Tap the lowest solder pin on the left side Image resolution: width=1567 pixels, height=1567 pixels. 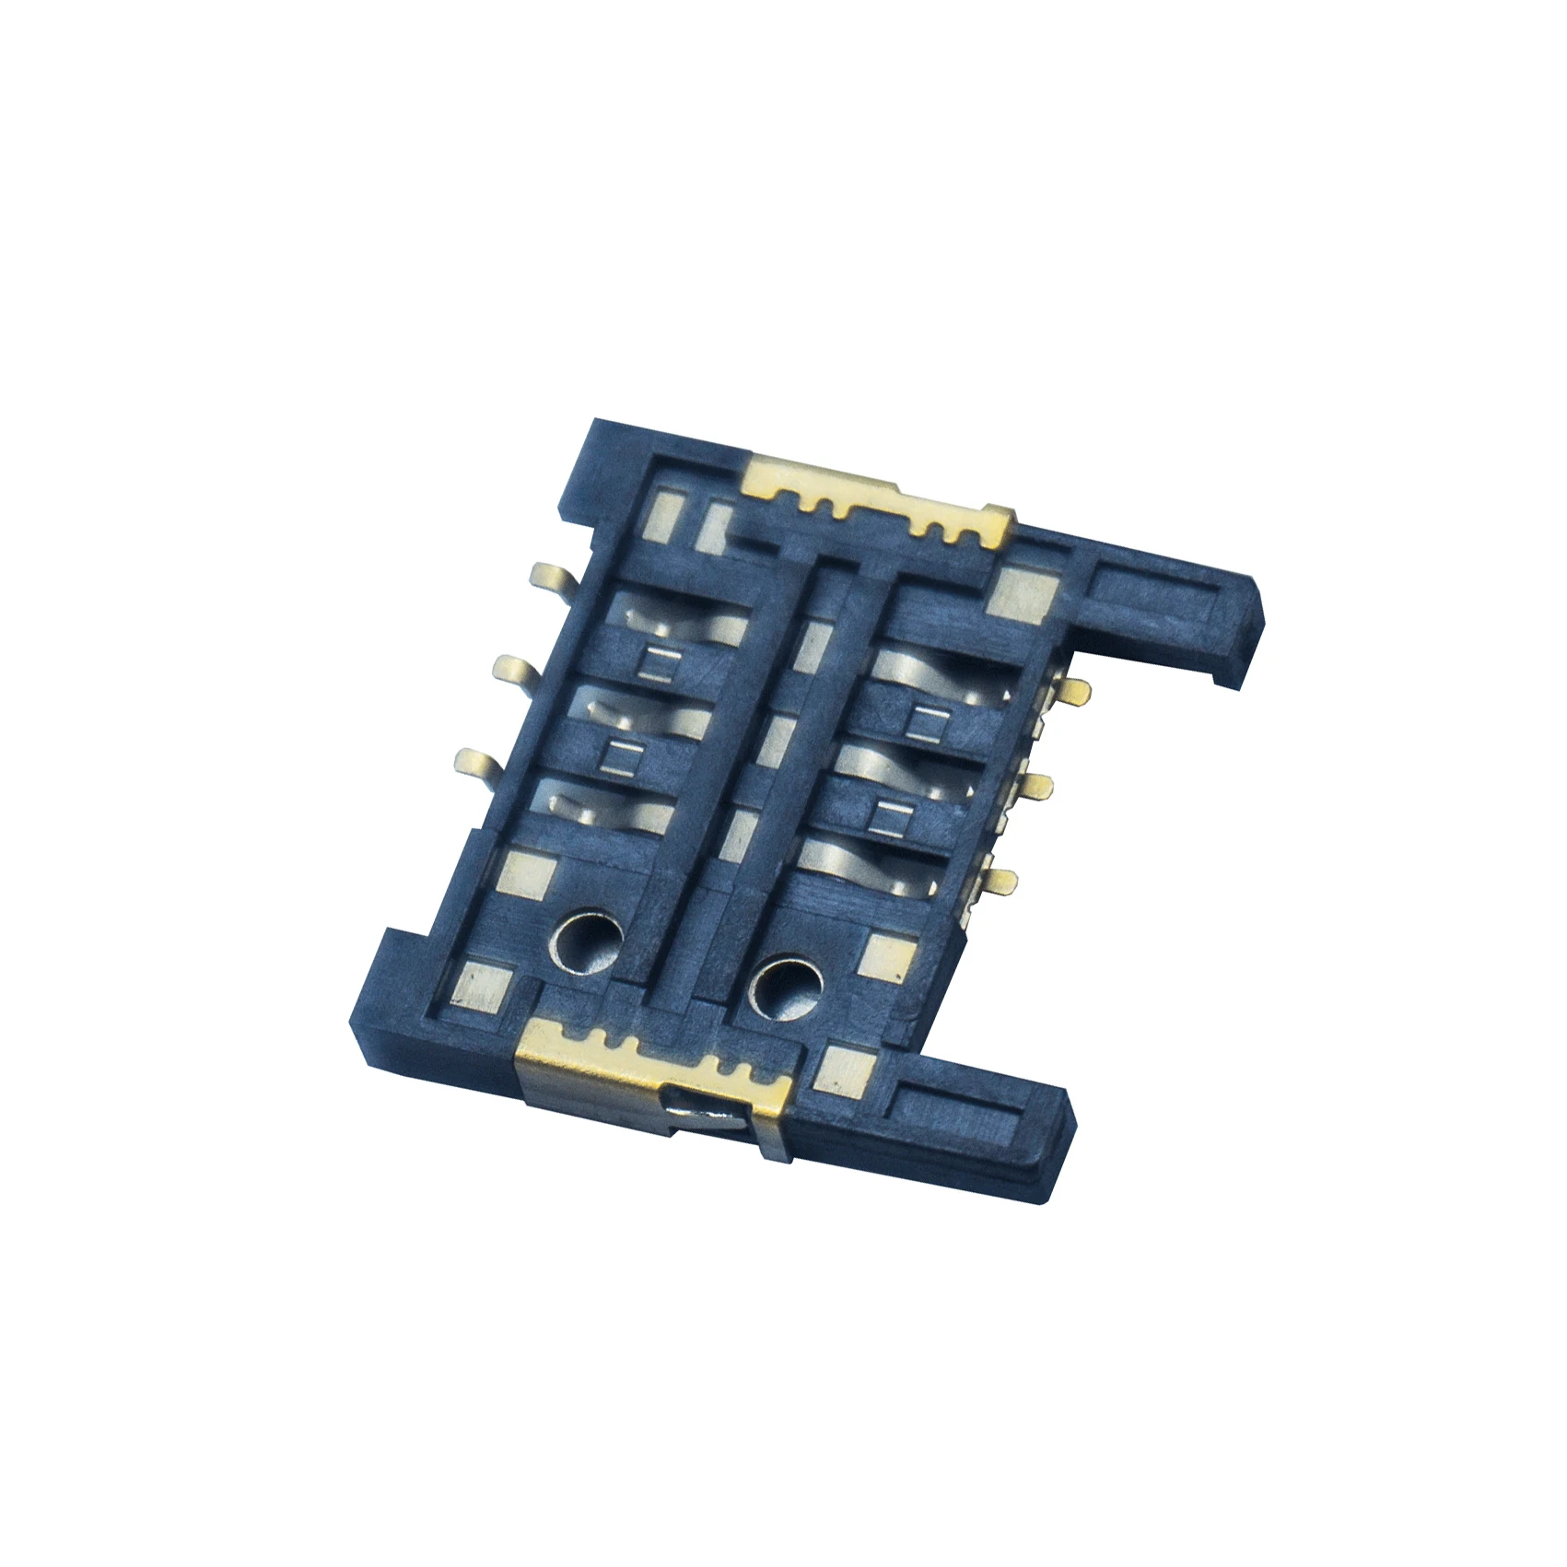point(478,760)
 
